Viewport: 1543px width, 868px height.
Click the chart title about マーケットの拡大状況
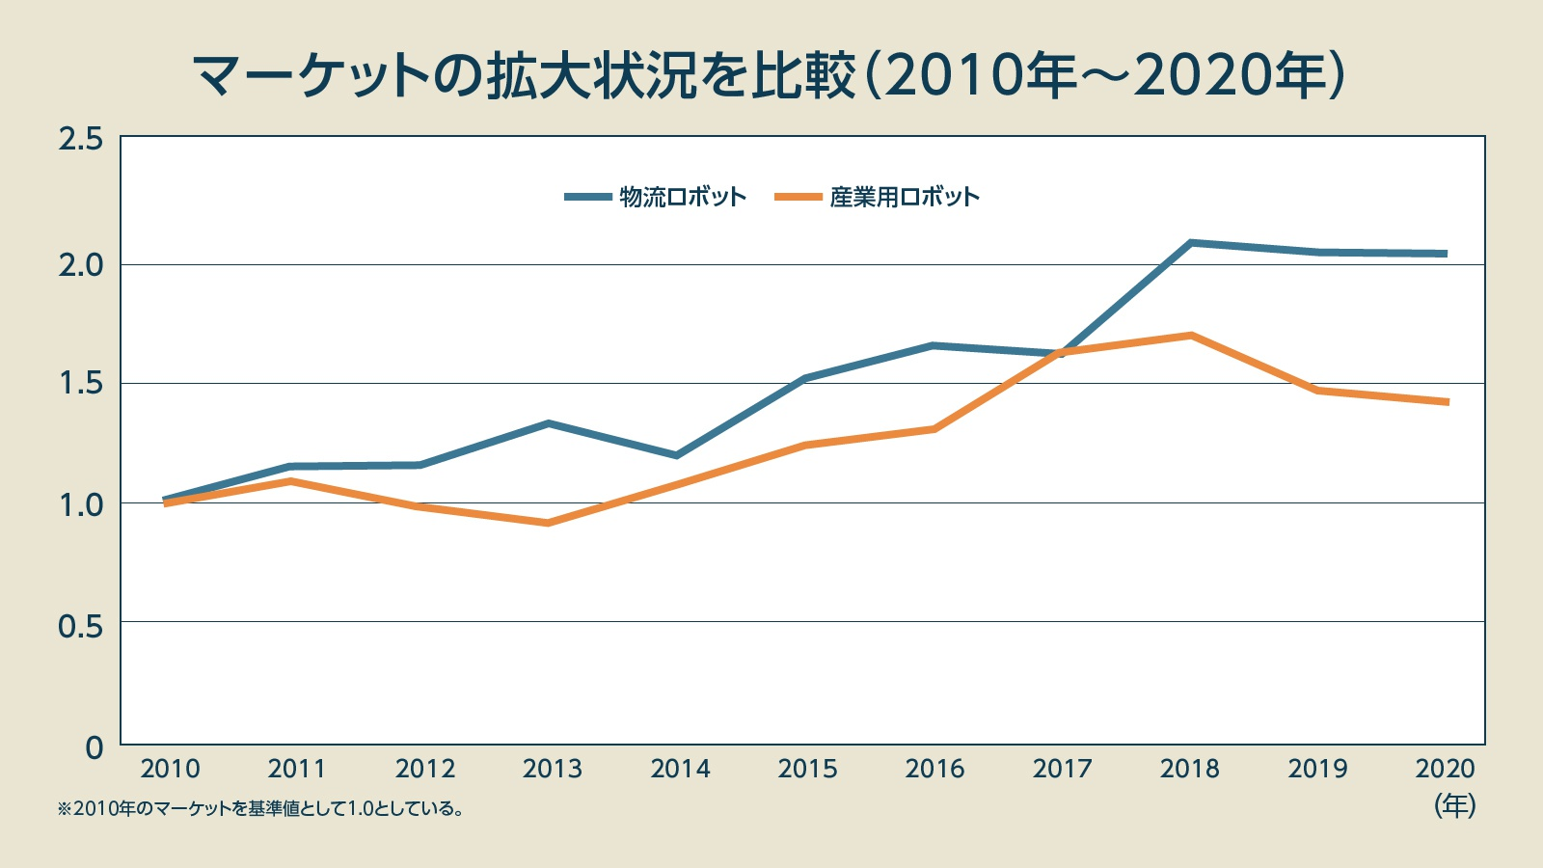pyautogui.click(x=769, y=75)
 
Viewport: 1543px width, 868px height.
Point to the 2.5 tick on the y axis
pyautogui.click(x=80, y=140)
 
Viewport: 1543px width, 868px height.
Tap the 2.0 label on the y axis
pyautogui.click(x=80, y=264)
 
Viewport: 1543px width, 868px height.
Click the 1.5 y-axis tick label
pyautogui.click(x=80, y=384)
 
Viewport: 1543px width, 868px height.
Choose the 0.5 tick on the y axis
pyautogui.click(x=80, y=626)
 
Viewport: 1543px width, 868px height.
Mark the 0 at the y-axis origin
pyautogui.click(x=94, y=747)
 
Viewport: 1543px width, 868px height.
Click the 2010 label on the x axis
pyautogui.click(x=170, y=769)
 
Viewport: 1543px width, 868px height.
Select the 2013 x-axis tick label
pyautogui.click(x=552, y=769)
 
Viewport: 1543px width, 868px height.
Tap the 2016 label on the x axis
pyautogui.click(x=934, y=769)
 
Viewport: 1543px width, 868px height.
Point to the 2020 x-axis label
pyautogui.click(x=1445, y=769)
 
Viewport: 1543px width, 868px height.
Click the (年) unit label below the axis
pyautogui.click(x=1454, y=804)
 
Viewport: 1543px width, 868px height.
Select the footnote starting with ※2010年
pyautogui.click(x=260, y=808)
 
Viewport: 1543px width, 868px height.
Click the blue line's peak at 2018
pyautogui.click(x=1191, y=243)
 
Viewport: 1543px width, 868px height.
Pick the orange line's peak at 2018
pyautogui.click(x=1192, y=336)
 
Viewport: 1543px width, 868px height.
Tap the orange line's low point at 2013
pyautogui.click(x=548, y=523)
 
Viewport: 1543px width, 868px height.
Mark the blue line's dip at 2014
pyautogui.click(x=677, y=455)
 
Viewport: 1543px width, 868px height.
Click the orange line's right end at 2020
pyautogui.click(x=1446, y=402)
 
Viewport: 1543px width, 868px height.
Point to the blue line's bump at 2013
pyautogui.click(x=548, y=423)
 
